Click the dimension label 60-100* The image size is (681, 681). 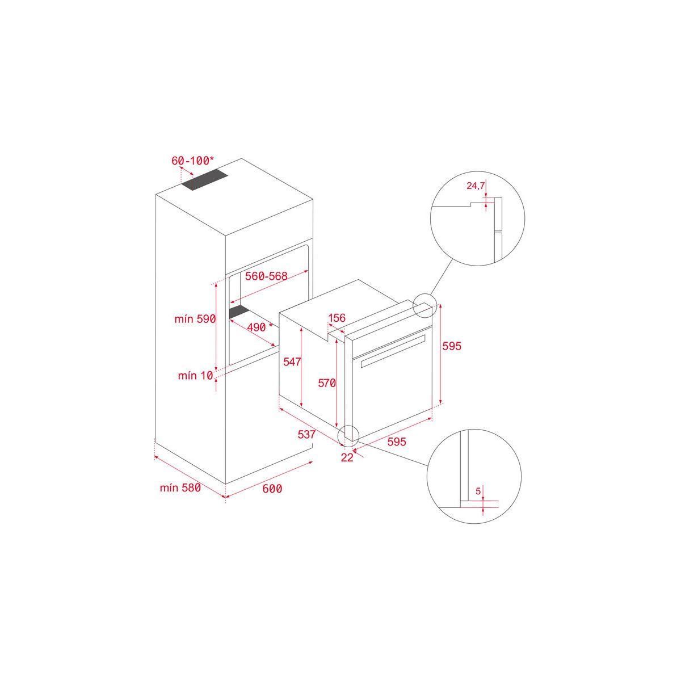[193, 161]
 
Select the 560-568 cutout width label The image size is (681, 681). [266, 276]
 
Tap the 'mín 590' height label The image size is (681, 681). [195, 320]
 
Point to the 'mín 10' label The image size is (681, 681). [195, 375]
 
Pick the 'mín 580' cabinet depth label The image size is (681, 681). [180, 487]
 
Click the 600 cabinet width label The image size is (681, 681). [272, 489]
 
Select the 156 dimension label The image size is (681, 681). [337, 318]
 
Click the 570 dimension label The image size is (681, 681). [327, 384]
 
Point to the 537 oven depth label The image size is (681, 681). [306, 435]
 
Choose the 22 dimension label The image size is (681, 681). [347, 457]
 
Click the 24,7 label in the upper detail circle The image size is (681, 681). [476, 186]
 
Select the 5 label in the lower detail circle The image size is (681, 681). [478, 490]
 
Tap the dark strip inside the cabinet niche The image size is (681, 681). [240, 310]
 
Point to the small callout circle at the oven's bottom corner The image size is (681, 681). [348, 436]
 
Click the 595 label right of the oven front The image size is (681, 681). [452, 346]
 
